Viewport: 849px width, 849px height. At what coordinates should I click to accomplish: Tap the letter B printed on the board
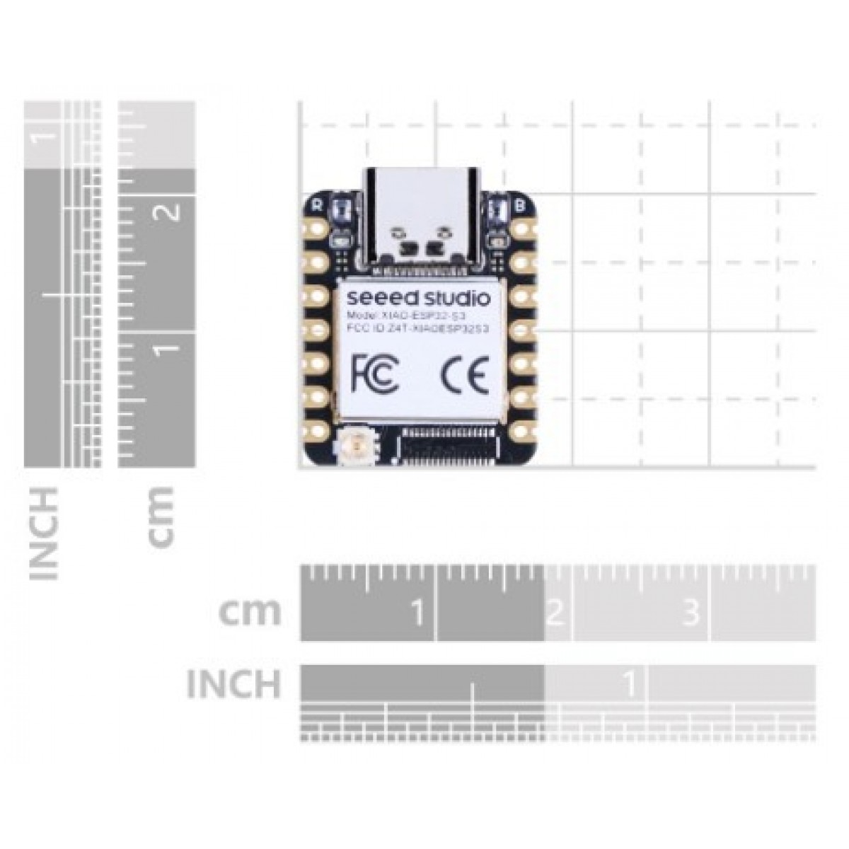(521, 206)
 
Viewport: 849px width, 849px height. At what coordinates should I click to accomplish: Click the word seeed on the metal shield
(375, 295)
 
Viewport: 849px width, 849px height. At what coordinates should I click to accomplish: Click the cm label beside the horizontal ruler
(250, 612)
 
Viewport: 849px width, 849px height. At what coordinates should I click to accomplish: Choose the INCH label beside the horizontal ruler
(233, 683)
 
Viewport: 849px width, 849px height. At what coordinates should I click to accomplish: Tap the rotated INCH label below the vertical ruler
(44, 533)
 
